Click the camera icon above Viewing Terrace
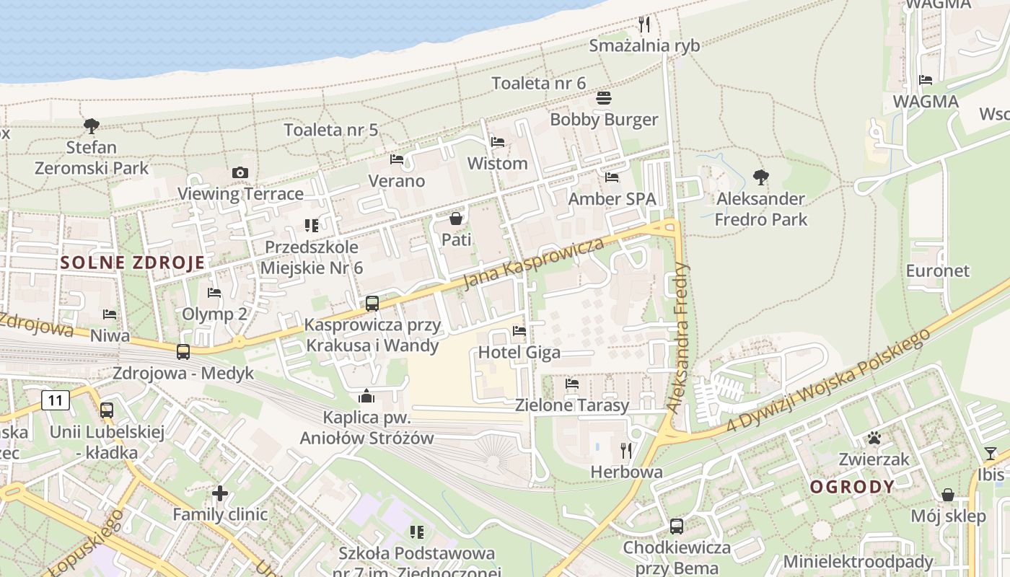click(240, 172)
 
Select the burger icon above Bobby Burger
click(604, 98)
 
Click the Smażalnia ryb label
click(644, 46)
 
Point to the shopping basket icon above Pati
click(456, 218)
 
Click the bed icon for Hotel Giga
click(519, 331)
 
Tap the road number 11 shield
click(55, 400)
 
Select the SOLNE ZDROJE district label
click(133, 263)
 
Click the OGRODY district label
click(852, 487)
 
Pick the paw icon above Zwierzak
click(874, 438)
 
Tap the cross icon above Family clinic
click(220, 493)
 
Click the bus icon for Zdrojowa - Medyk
click(183, 352)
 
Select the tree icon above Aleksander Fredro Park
click(760, 177)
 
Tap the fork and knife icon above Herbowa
click(626, 451)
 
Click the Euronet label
click(938, 271)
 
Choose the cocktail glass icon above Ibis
click(991, 454)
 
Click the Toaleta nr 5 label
click(330, 131)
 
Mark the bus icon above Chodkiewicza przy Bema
click(677, 527)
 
